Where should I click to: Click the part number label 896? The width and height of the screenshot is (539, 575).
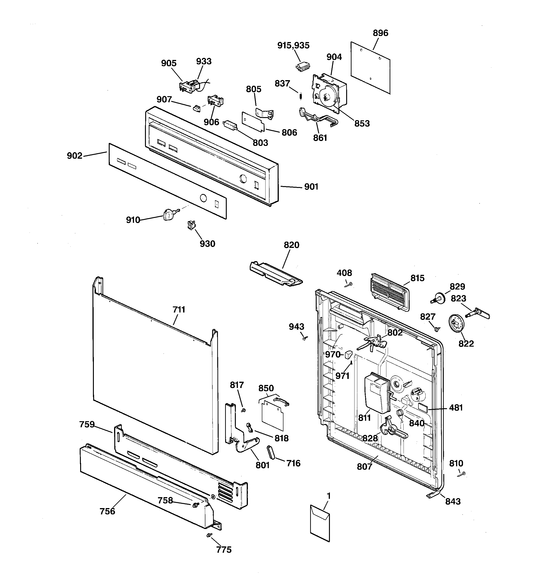pyautogui.click(x=380, y=33)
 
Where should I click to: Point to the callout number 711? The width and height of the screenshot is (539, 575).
pyautogui.click(x=179, y=309)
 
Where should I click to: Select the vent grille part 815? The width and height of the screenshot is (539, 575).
pyautogui.click(x=389, y=292)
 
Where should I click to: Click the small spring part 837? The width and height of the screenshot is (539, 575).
pyautogui.click(x=301, y=96)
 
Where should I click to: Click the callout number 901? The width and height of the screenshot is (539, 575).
pyautogui.click(x=311, y=187)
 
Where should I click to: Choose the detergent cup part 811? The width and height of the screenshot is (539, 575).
pyautogui.click(x=376, y=393)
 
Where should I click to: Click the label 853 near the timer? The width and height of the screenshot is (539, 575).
pyautogui.click(x=362, y=124)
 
